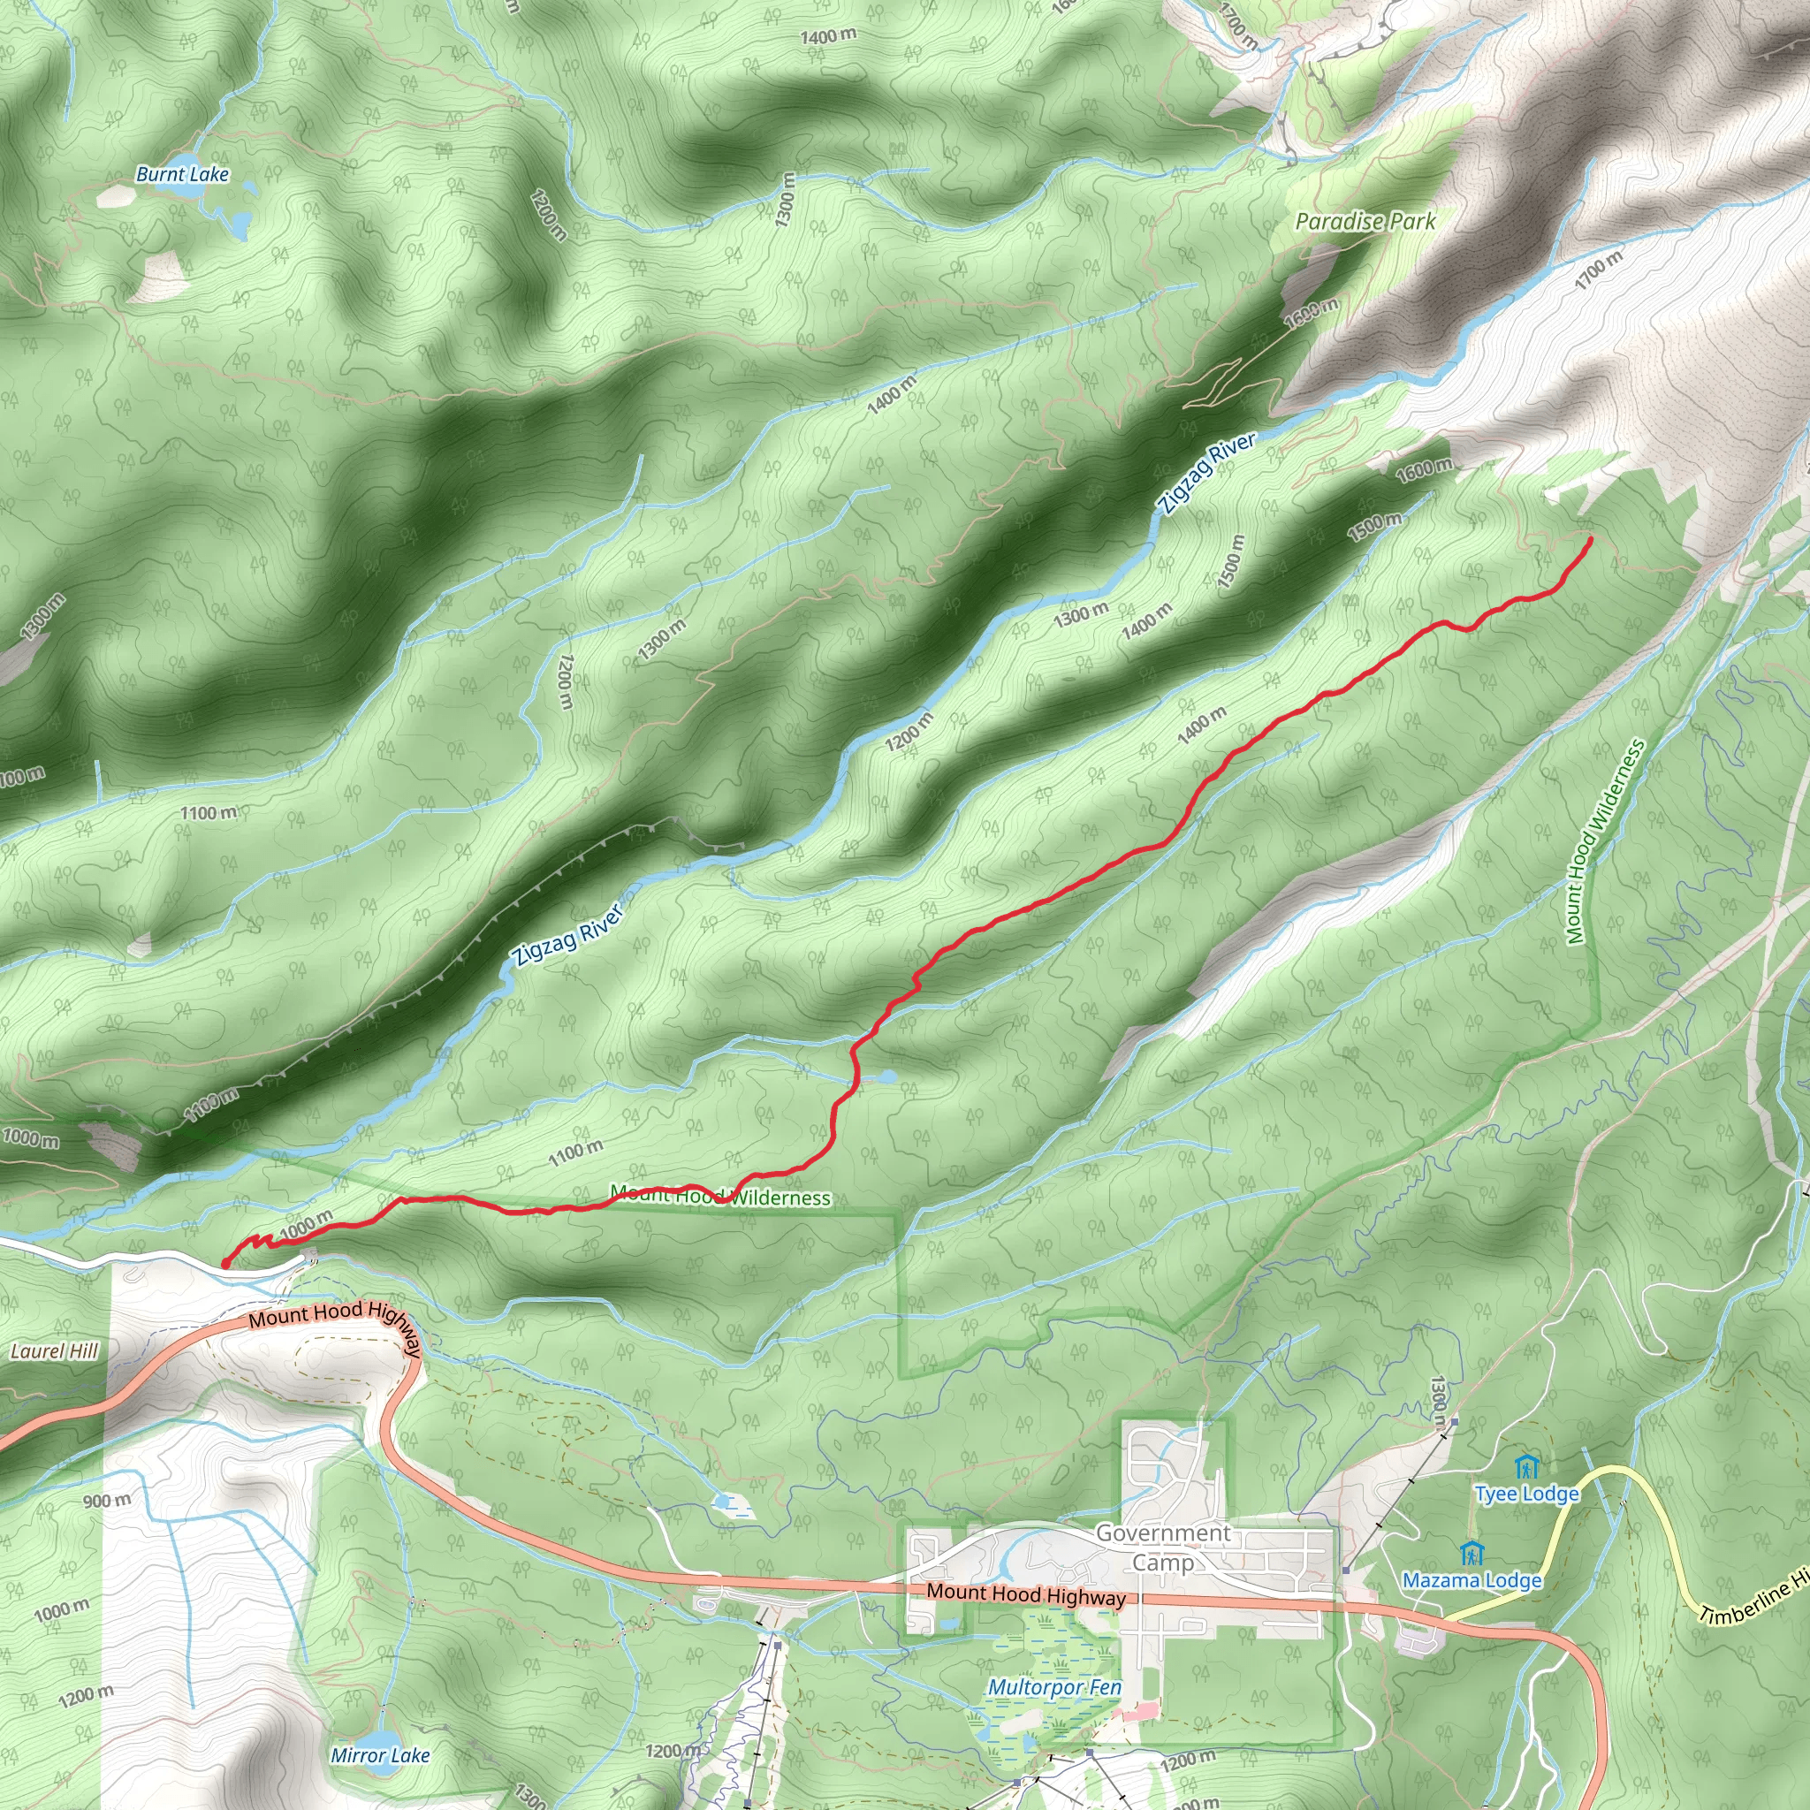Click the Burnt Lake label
pos(182,174)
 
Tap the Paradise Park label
pos(1364,222)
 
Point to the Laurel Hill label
pos(53,1351)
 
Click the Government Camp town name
pos(1163,1548)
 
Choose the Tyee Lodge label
pos(1526,1494)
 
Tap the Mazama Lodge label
pos(1471,1580)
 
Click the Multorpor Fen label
pos(1054,1687)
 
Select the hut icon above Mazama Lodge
pos(1472,1552)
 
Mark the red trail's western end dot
pos(224,1264)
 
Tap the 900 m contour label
pos(107,1501)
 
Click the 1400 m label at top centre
pos(827,36)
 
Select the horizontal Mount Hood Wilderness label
pos(719,1197)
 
